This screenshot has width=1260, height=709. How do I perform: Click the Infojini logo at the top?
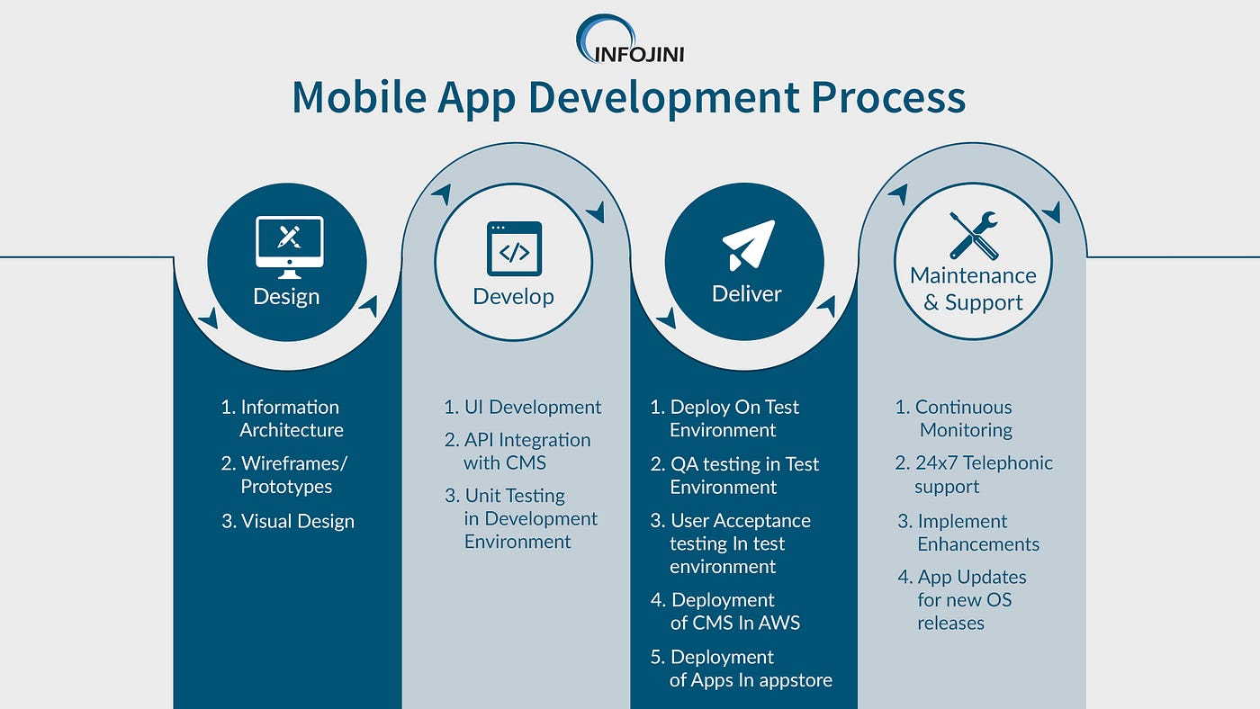click(x=629, y=40)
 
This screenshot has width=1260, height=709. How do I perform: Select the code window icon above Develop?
click(x=514, y=248)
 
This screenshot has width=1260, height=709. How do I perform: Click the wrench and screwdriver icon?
click(x=973, y=236)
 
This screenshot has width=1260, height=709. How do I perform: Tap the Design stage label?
click(x=286, y=296)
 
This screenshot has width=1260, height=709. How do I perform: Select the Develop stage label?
click(x=514, y=296)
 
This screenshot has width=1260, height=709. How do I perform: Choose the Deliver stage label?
click(x=746, y=293)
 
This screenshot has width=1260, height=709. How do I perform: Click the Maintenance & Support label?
click(x=973, y=289)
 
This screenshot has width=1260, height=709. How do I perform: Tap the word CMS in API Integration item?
click(x=524, y=463)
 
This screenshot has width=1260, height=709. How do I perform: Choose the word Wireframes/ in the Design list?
click(x=293, y=464)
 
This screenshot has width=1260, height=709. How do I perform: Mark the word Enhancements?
click(x=977, y=544)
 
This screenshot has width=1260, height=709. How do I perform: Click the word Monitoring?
click(x=966, y=430)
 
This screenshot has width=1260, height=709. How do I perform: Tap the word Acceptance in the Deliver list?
click(x=767, y=521)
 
